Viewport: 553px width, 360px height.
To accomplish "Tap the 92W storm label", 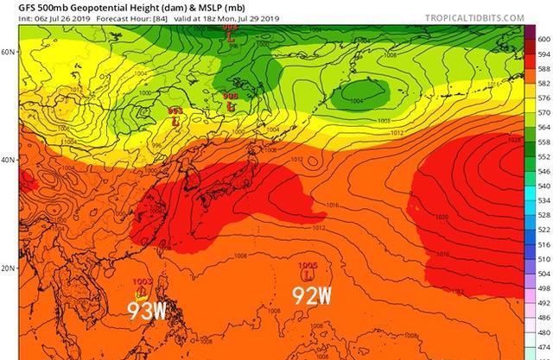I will click(x=311, y=296).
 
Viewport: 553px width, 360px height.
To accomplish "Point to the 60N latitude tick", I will click(x=9, y=52).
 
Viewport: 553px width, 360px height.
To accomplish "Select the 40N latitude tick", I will click(x=9, y=161).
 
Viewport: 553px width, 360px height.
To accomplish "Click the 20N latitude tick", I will click(x=9, y=268).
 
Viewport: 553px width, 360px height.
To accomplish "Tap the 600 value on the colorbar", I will click(x=543, y=39).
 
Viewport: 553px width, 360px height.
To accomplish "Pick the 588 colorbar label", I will click(x=543, y=68).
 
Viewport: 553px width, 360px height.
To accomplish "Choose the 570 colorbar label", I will click(x=543, y=111).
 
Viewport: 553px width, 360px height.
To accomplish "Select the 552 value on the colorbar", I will click(x=543, y=155).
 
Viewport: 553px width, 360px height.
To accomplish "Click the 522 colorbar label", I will click(x=543, y=229).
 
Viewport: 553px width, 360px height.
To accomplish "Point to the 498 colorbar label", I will click(x=543, y=287).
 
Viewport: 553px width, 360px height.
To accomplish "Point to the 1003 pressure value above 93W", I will click(x=143, y=282).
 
